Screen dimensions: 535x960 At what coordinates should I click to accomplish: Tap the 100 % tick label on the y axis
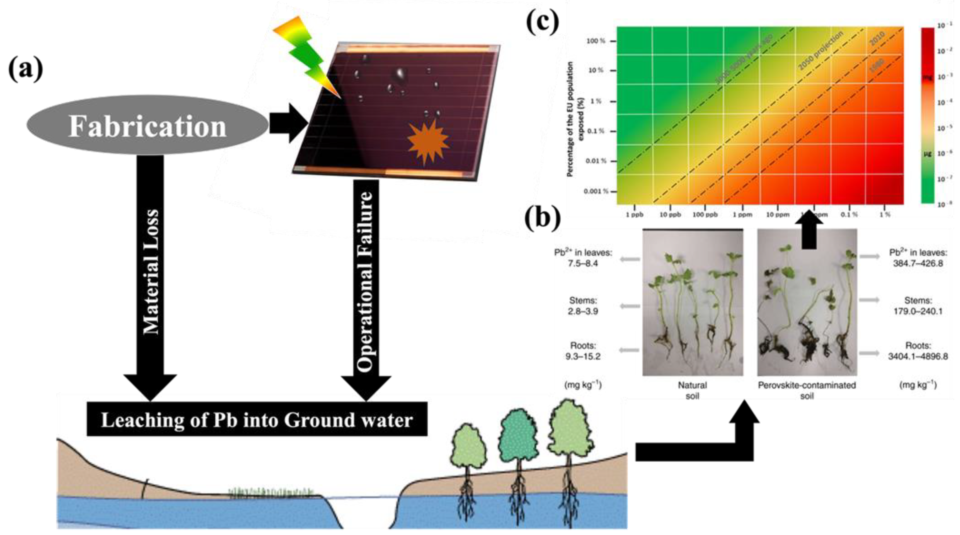596,41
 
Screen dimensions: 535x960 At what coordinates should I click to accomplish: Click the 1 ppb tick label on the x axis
634,215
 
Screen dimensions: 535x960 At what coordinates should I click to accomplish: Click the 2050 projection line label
820,51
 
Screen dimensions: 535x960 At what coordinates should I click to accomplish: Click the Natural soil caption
692,390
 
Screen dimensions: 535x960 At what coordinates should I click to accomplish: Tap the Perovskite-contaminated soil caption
807,390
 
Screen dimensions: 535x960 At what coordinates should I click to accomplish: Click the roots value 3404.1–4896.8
918,356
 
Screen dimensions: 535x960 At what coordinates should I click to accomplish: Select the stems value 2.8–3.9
583,311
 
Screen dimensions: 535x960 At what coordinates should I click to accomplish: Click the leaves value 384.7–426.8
918,264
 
